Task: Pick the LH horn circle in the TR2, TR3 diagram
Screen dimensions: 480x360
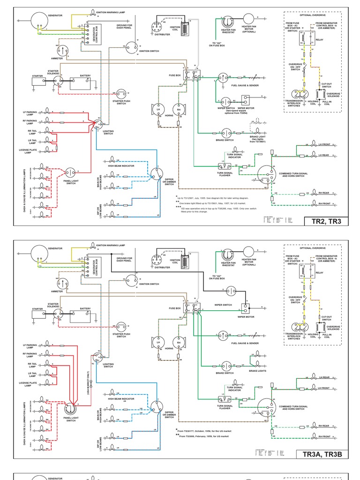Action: click(x=158, y=109)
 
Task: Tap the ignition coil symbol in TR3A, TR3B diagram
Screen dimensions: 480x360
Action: click(x=185, y=259)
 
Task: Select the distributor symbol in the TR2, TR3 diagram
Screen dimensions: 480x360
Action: click(x=159, y=25)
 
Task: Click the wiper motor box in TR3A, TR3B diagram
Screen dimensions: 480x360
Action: click(x=247, y=308)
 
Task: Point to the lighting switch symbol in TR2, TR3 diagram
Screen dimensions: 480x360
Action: click(x=98, y=124)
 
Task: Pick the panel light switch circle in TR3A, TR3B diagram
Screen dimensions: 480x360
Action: click(x=71, y=410)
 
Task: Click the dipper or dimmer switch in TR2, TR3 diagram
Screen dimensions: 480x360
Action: click(x=157, y=176)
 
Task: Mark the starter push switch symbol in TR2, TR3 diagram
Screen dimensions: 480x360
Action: click(x=121, y=93)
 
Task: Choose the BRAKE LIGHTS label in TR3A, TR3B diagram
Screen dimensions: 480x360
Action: click(x=257, y=371)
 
